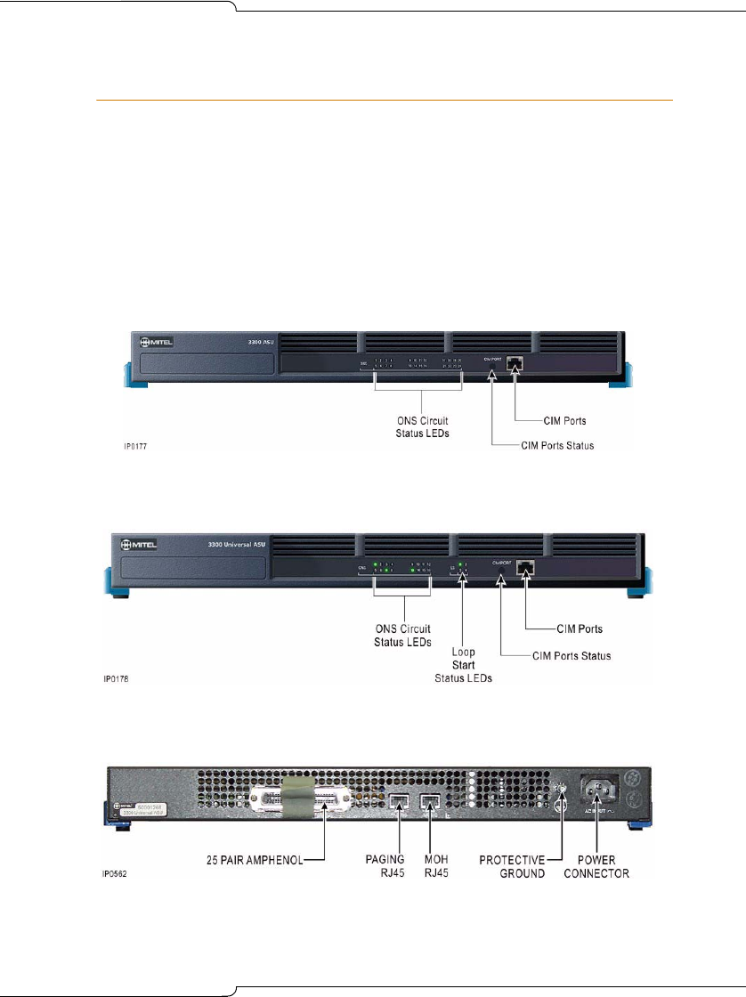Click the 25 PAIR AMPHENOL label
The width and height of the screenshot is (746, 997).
click(254, 861)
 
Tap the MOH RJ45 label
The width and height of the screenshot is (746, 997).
click(442, 867)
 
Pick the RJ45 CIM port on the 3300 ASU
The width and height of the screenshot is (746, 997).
click(515, 364)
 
